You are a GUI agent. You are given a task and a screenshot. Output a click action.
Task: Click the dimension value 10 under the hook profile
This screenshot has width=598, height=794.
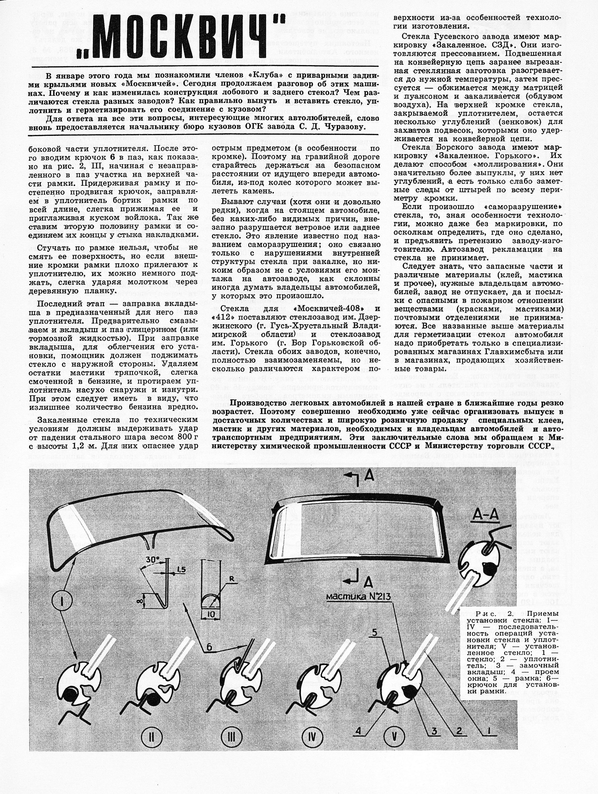(x=211, y=615)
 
